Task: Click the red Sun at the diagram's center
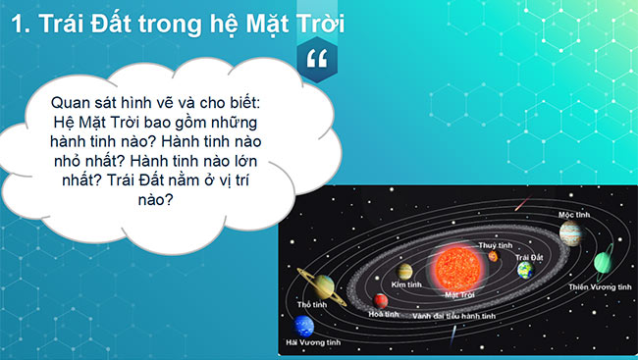click(x=454, y=267)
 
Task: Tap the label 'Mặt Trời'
click(x=460, y=293)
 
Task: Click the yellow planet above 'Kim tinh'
click(x=404, y=271)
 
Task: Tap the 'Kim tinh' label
click(x=405, y=283)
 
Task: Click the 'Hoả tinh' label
click(x=384, y=314)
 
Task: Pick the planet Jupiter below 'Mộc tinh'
click(x=570, y=232)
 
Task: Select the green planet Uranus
click(x=603, y=263)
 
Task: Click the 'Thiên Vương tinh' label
click(x=600, y=286)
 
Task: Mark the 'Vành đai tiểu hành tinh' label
click(x=453, y=317)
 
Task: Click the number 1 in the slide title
click(x=14, y=24)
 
